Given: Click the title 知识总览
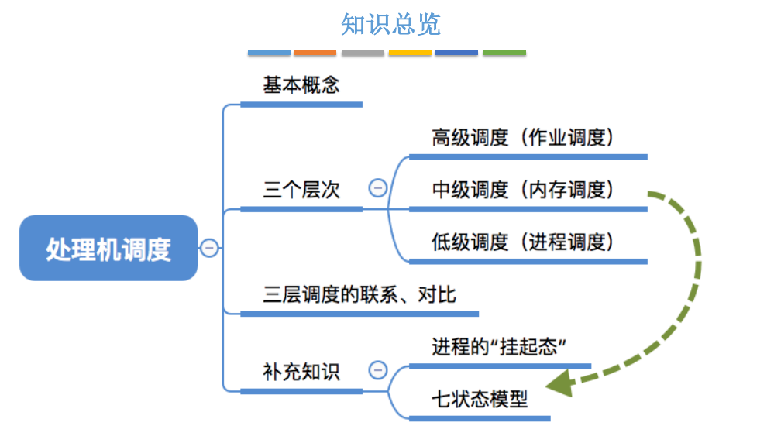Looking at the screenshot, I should tap(390, 24).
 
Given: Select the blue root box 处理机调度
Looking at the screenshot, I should tap(108, 249).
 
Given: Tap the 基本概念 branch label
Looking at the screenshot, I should tap(301, 85).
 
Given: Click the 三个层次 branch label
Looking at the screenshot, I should tap(301, 190).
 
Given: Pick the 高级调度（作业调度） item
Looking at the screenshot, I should tap(523, 138).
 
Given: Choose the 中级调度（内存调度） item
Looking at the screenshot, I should tap(523, 190).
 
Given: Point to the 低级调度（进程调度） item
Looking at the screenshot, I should tap(523, 242).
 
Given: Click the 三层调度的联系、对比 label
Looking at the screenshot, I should tap(359, 295).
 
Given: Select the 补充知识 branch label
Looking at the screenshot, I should tap(301, 371).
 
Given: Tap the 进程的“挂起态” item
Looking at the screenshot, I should tap(496, 346).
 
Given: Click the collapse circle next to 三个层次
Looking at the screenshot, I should tap(377, 188).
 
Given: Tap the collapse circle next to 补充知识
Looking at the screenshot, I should tap(377, 370).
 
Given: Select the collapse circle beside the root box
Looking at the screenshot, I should tap(209, 249).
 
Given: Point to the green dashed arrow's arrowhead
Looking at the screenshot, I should tap(558, 383).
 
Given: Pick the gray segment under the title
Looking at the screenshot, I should tap(363, 53).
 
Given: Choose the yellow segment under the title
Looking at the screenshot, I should tap(410, 53).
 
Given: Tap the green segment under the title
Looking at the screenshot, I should tap(504, 53).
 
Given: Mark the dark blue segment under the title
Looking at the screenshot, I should tap(456, 53).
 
